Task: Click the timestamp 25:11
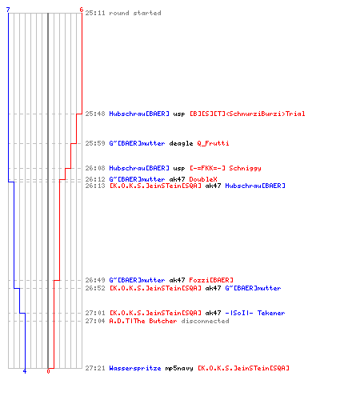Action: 95,13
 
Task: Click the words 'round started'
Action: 135,13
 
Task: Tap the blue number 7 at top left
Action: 8,10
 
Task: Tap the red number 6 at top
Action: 82,10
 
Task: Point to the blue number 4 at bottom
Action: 25,371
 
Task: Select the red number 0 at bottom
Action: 48,371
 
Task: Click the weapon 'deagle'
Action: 181,143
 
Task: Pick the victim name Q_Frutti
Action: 213,143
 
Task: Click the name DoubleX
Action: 203,179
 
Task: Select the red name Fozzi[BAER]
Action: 211,280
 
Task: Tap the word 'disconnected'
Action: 205,321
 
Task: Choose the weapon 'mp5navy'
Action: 179,368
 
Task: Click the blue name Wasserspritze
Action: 135,368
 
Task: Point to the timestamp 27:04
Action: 95,321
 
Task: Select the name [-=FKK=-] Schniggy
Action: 226,168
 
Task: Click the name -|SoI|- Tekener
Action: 255,313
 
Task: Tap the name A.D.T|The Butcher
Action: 143,321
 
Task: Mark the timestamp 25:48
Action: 95,114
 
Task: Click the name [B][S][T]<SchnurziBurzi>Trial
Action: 247,114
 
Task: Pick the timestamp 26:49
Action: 95,280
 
